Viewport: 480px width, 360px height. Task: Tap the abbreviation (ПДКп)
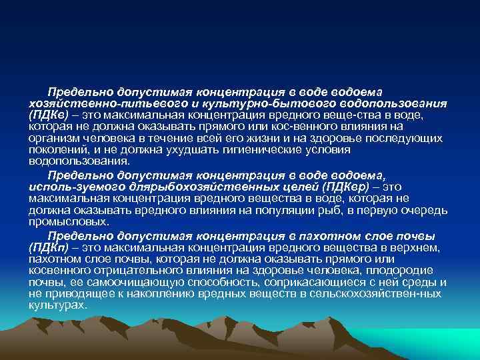tap(49, 247)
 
